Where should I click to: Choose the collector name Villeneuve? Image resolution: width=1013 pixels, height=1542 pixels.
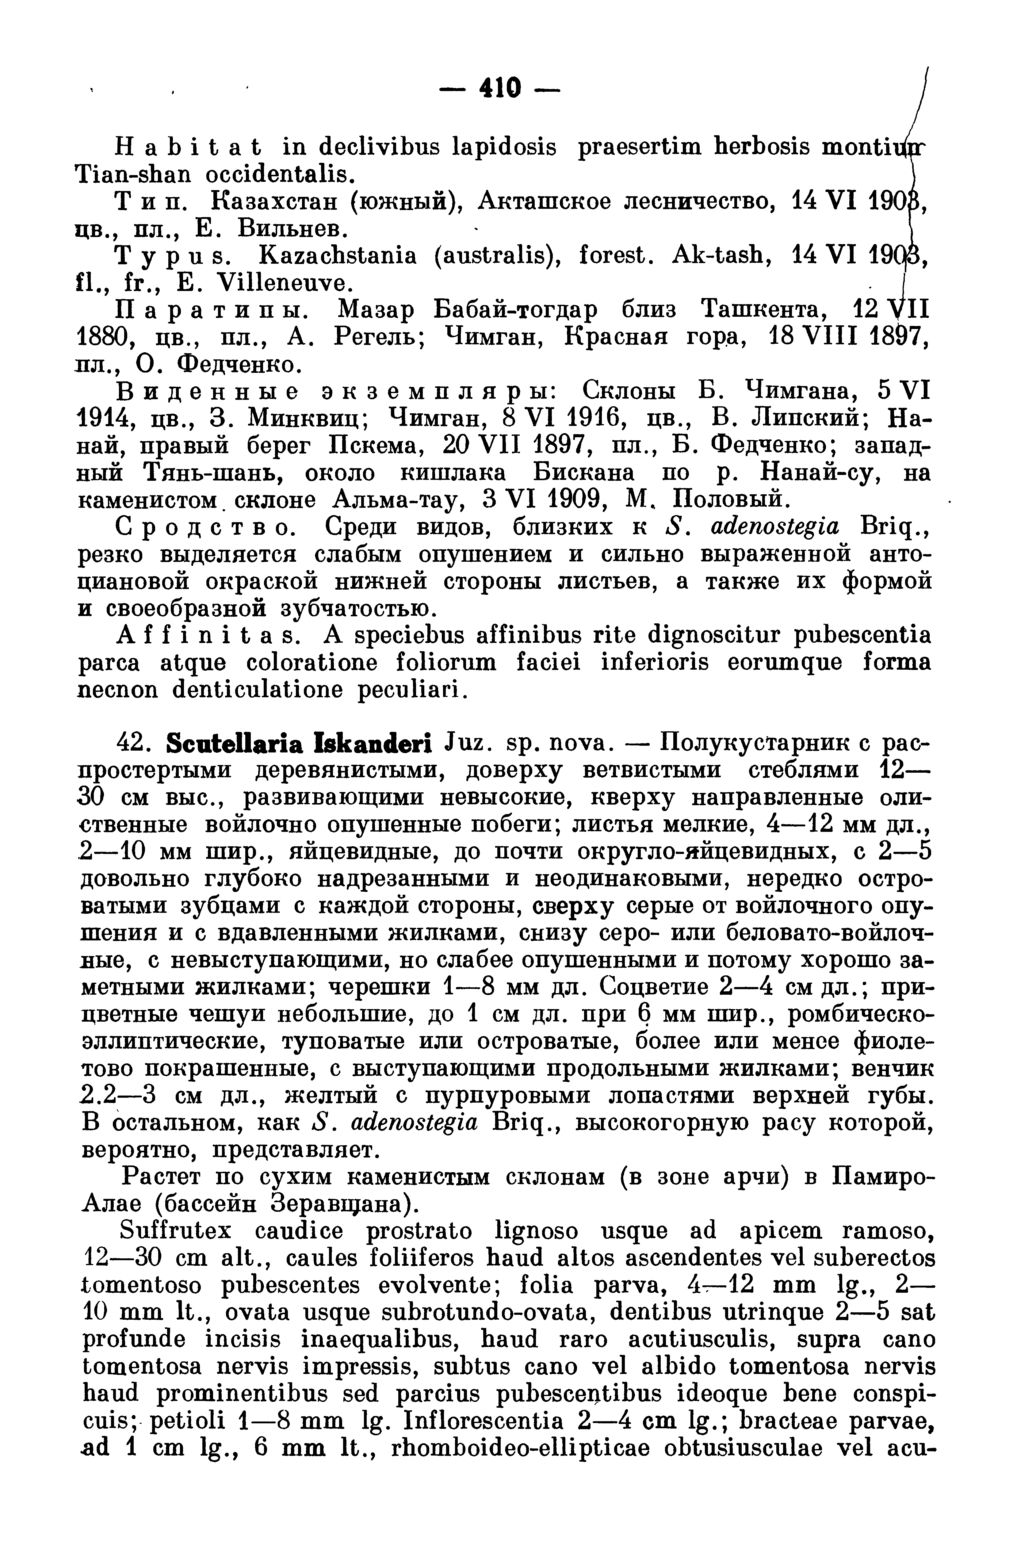tap(286, 282)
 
